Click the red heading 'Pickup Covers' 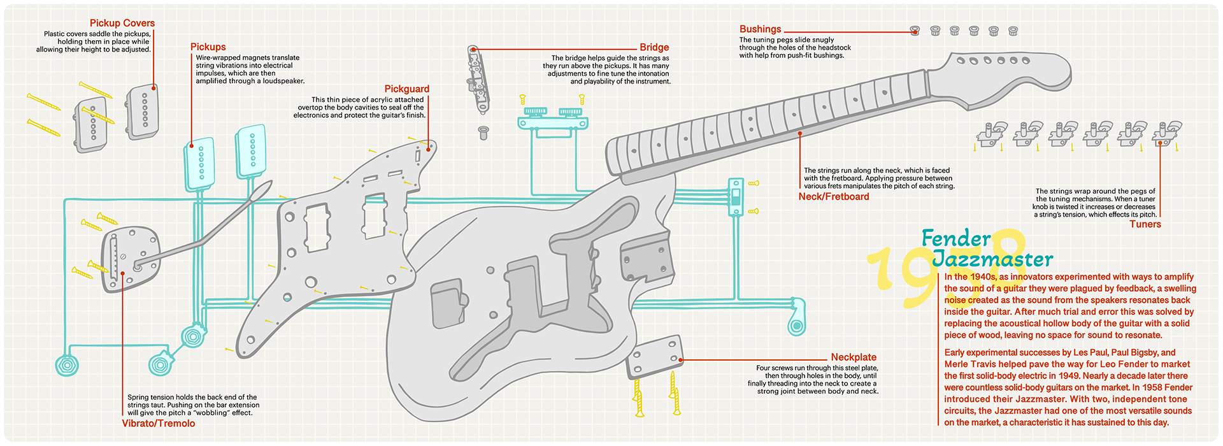click(122, 23)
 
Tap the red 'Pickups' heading click(208, 47)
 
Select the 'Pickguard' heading click(406, 89)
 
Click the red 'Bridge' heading click(654, 47)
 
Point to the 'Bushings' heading click(760, 29)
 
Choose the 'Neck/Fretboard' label click(833, 196)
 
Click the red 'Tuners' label click(1145, 224)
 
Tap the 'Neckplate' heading click(854, 357)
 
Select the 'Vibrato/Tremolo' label click(159, 423)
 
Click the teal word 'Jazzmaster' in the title click(992, 259)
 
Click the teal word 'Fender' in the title click(956, 238)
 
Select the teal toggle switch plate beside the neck click(736, 196)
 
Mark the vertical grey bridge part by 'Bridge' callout click(478, 79)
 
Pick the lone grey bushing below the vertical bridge click(483, 133)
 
